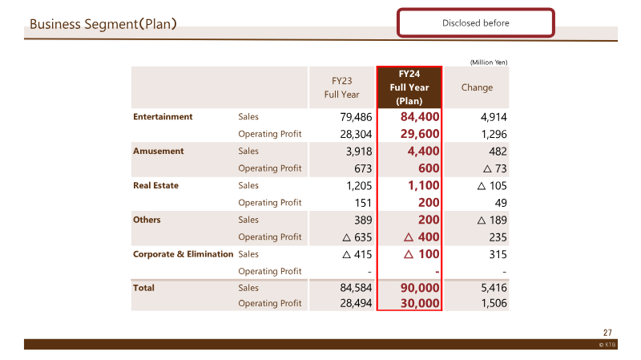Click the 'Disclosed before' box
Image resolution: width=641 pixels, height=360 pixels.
click(x=475, y=23)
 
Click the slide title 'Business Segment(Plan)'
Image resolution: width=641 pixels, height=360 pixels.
click(x=103, y=24)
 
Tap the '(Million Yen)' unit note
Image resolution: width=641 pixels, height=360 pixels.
click(x=489, y=63)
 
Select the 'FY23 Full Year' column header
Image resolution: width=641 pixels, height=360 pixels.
click(x=342, y=87)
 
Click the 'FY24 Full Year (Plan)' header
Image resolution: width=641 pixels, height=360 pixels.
click(x=409, y=87)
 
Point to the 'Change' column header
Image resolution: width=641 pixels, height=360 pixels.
click(x=477, y=87)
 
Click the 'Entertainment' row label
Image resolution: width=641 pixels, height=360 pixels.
click(x=163, y=116)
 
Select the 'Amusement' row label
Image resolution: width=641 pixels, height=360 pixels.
click(x=158, y=151)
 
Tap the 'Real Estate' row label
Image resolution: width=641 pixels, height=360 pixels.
click(x=155, y=185)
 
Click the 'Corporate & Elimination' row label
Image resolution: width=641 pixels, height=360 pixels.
click(x=183, y=254)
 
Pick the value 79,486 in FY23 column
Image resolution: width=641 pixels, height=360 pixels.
click(x=356, y=117)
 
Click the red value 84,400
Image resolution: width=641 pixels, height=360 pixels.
click(x=420, y=117)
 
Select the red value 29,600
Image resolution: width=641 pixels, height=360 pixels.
click(x=420, y=134)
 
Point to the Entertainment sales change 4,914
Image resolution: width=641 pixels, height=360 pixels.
click(x=494, y=117)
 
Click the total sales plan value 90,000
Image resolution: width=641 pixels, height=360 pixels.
click(x=420, y=288)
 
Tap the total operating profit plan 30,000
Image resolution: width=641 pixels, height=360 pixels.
click(x=420, y=303)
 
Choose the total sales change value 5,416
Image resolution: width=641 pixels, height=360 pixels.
click(x=494, y=288)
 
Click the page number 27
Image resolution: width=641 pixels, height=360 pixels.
click(x=607, y=333)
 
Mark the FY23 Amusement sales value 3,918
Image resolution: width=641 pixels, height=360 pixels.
click(x=359, y=152)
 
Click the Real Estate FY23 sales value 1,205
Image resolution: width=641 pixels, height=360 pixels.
click(x=359, y=186)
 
